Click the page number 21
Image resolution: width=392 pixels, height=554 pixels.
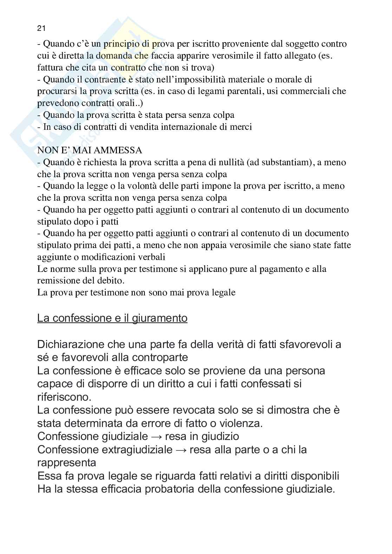(41, 28)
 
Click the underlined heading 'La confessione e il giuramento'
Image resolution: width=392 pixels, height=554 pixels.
(112, 318)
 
